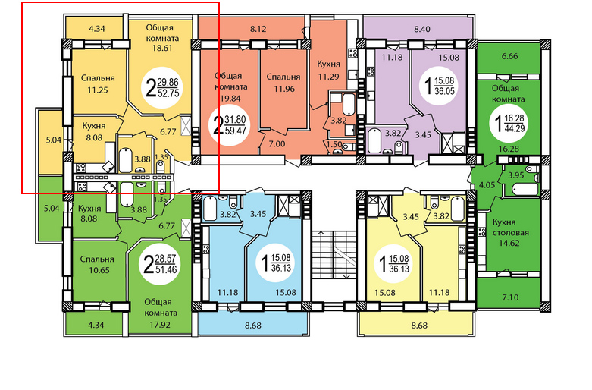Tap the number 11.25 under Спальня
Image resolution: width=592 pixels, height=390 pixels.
click(x=98, y=90)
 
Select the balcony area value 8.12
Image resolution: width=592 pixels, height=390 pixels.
click(x=258, y=29)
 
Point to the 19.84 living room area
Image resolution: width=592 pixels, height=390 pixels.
click(x=230, y=99)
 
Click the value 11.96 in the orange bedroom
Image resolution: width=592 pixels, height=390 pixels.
click(x=284, y=90)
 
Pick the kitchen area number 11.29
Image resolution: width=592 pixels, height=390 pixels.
click(x=328, y=77)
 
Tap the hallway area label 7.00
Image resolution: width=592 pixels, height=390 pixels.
click(x=277, y=144)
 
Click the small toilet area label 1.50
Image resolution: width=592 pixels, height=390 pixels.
click(x=334, y=144)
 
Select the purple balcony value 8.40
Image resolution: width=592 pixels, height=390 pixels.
click(x=421, y=29)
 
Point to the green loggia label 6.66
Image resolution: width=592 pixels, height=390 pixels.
click(x=509, y=56)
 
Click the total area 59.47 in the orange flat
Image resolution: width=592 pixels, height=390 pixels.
click(x=235, y=131)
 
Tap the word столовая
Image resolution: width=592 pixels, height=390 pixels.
click(x=510, y=233)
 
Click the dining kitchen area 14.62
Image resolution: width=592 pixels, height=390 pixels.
click(x=509, y=243)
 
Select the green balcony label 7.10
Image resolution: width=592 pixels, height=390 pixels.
click(x=510, y=297)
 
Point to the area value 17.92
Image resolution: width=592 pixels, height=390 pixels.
click(x=160, y=325)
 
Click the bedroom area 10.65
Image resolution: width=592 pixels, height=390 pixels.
click(x=98, y=270)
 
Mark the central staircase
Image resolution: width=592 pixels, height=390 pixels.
click(x=334, y=255)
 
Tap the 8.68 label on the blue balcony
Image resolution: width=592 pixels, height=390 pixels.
click(x=252, y=326)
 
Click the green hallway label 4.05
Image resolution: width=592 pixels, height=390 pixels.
click(x=487, y=185)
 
